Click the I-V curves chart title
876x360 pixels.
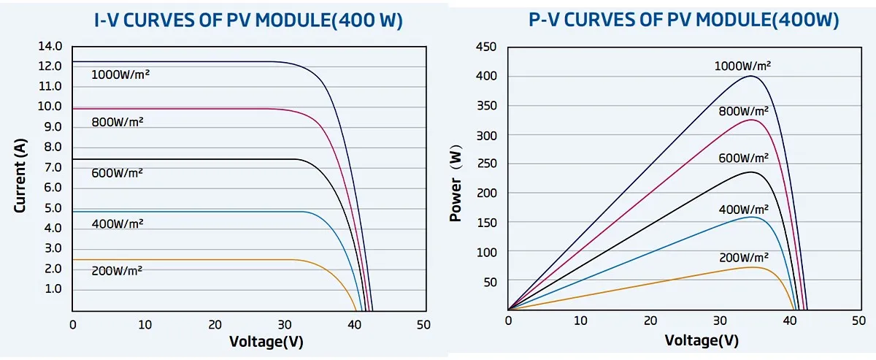(248, 20)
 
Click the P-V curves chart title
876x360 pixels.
(683, 20)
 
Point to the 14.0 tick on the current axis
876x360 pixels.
(50, 47)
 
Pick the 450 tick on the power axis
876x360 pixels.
(486, 47)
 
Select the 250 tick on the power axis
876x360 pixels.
(486, 165)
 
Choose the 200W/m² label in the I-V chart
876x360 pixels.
(117, 270)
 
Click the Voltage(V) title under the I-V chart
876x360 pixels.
(266, 341)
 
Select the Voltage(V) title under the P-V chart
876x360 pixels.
(702, 341)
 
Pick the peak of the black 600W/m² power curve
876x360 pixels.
(751, 172)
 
